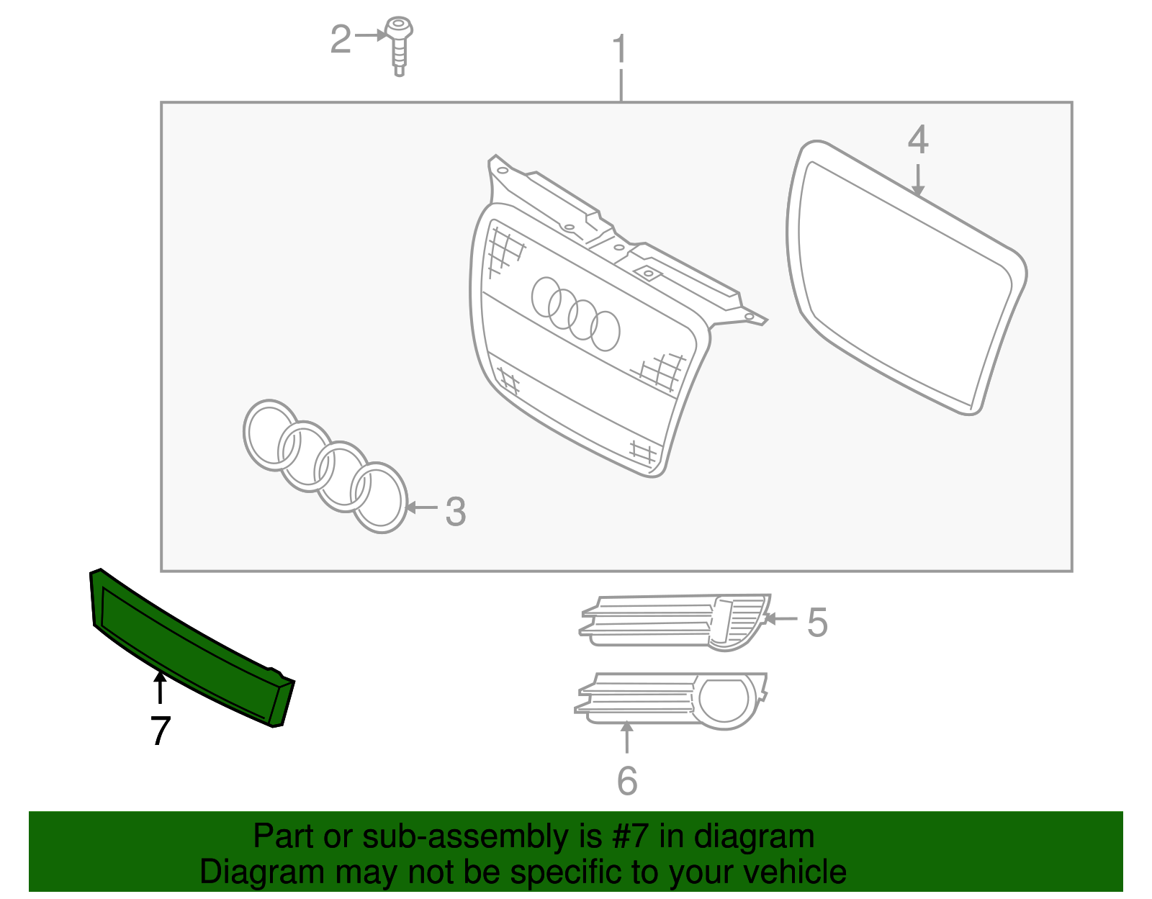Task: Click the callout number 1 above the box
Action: [x=620, y=49]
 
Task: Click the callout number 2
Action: [x=341, y=39]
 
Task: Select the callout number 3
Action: [x=456, y=512]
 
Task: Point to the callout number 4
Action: [x=918, y=140]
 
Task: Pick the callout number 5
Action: [x=817, y=623]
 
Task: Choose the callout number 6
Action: [x=627, y=781]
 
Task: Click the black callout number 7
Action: [x=161, y=731]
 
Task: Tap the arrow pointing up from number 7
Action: [x=160, y=687]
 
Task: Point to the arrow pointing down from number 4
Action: [x=917, y=180]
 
